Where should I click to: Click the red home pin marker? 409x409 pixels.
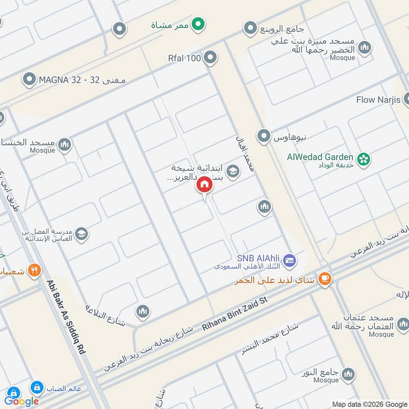(x=204, y=185)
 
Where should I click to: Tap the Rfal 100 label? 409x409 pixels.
(x=185, y=58)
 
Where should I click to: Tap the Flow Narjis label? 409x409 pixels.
(x=378, y=99)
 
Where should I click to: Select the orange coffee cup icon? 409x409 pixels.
(x=325, y=279)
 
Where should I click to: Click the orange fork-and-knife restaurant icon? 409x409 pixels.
(x=34, y=270)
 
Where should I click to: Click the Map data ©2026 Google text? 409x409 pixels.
(x=368, y=404)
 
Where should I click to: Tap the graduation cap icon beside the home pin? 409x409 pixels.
(x=233, y=171)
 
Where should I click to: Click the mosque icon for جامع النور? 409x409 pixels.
(x=348, y=374)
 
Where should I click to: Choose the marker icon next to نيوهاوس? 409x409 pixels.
(x=264, y=136)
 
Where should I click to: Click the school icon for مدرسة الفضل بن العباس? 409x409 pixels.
(x=81, y=234)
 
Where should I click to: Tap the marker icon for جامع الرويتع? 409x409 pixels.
(x=250, y=28)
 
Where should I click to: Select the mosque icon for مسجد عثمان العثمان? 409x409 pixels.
(x=403, y=324)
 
